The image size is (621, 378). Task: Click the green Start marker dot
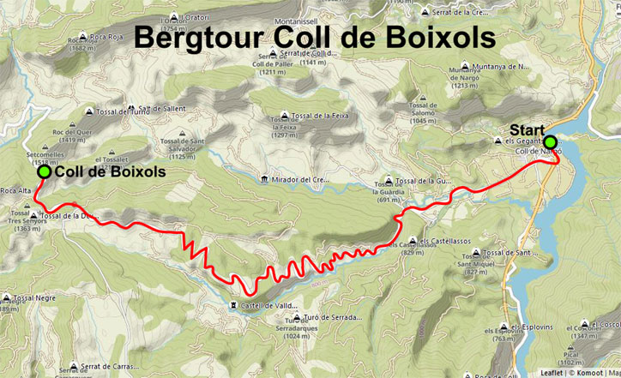[x=550, y=142]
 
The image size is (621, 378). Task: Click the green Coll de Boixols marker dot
[x=44, y=171]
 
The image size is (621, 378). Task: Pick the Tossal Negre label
[x=34, y=297]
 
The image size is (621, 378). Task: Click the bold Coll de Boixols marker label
[x=110, y=171]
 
